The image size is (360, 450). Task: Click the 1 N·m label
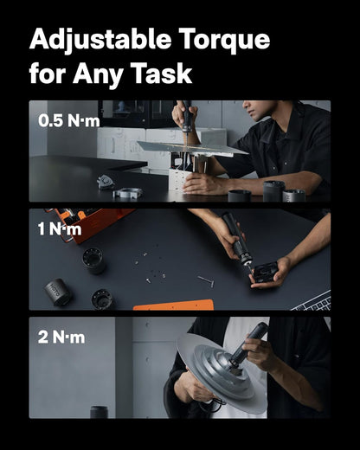(61, 228)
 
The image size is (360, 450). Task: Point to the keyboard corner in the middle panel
(313, 302)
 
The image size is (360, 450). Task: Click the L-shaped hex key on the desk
(205, 280)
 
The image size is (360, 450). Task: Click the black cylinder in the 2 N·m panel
(98, 412)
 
